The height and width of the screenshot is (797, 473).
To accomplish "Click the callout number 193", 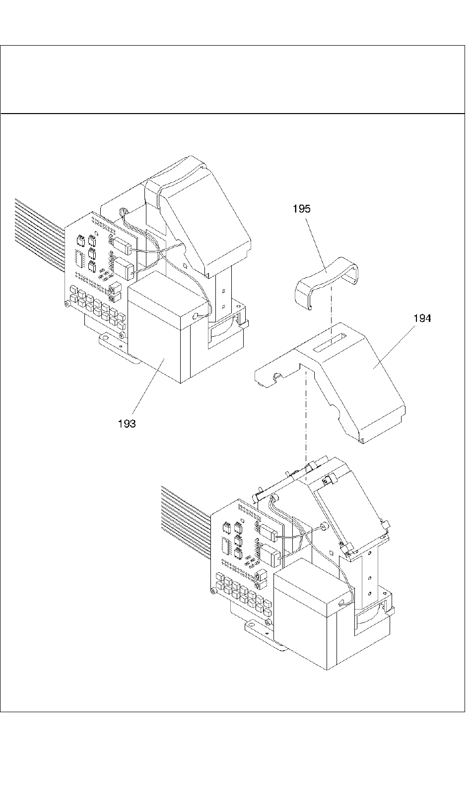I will coord(127,424).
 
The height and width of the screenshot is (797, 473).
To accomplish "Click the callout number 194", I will coord(422,318).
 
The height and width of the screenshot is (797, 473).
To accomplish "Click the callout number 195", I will coord(301,209).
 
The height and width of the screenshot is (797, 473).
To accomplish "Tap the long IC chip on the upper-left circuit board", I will coord(78,258).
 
